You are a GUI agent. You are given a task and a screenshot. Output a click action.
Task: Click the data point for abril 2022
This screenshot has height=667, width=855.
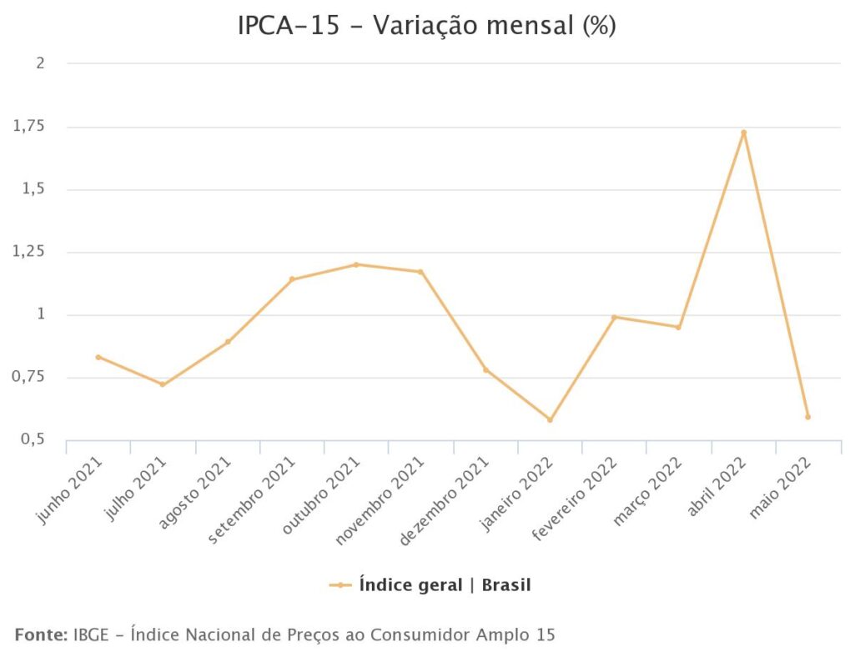tap(743, 133)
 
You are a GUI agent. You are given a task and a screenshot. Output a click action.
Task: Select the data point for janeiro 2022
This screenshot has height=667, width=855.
tap(550, 419)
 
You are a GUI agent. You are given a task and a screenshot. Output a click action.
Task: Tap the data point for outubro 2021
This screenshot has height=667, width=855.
tap(356, 264)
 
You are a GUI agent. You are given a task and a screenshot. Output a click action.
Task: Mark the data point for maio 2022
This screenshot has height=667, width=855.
tap(807, 417)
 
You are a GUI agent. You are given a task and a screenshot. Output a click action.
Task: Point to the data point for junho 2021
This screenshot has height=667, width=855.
tap(98, 357)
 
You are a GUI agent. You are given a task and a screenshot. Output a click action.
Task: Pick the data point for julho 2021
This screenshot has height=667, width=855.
tap(163, 384)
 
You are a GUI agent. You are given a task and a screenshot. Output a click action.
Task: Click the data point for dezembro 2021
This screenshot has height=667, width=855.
tap(485, 369)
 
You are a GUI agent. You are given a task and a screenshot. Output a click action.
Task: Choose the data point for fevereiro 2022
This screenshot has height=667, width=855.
tap(614, 317)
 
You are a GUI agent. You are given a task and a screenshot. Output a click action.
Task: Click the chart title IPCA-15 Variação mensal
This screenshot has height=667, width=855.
tap(426, 26)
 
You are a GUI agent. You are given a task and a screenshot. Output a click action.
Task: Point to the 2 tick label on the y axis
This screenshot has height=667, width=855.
tap(39, 63)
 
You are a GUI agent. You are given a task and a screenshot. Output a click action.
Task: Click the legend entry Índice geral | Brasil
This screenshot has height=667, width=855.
tap(444, 585)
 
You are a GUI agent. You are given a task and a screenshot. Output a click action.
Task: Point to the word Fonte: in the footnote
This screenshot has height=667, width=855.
tap(41, 635)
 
